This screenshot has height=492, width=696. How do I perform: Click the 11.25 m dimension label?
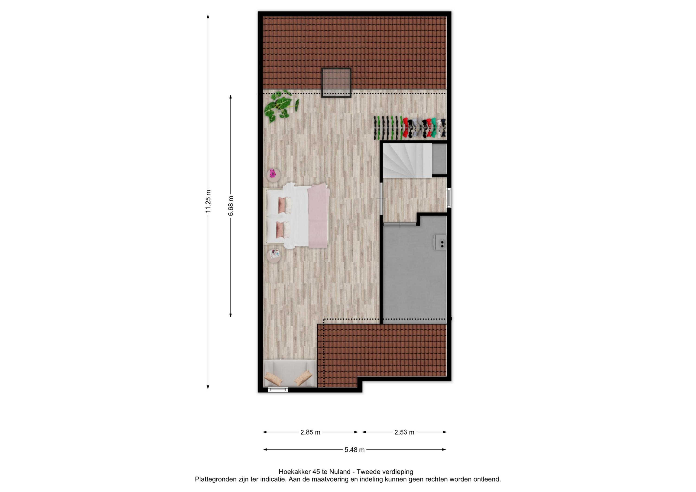[x=208, y=202]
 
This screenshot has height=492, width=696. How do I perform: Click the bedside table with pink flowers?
[x=274, y=175]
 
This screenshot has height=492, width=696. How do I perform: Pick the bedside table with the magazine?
[x=274, y=256]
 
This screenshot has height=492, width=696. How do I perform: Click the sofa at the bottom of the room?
[x=290, y=373]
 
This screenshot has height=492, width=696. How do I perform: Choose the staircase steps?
[x=407, y=161]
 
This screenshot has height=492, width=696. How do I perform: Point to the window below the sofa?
[x=278, y=390]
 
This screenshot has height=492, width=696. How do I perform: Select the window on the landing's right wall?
[x=449, y=198]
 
